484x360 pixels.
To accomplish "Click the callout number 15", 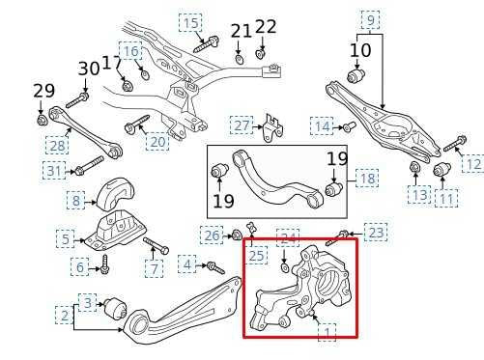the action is click(190, 23).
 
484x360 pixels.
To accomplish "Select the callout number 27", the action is click(242, 125).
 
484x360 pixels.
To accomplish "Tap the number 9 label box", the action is click(370, 20).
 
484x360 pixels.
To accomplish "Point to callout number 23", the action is click(376, 232).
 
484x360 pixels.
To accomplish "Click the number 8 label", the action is click(75, 200).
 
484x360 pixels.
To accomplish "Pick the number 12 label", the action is click(473, 164).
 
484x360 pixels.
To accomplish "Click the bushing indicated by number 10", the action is click(356, 74).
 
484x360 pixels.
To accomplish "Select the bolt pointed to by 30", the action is click(77, 100).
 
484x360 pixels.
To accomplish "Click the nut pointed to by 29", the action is click(42, 120).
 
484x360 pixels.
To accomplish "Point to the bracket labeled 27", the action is click(272, 127).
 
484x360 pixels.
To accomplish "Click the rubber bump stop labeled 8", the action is click(116, 194).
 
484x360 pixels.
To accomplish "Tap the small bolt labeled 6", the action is click(104, 264).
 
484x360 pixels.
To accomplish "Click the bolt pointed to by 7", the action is click(156, 245).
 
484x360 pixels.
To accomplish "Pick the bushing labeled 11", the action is click(441, 170).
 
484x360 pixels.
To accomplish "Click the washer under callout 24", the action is click(284, 267).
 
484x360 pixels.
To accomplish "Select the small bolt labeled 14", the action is click(349, 126).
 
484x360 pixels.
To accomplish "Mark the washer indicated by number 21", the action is click(239, 59).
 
